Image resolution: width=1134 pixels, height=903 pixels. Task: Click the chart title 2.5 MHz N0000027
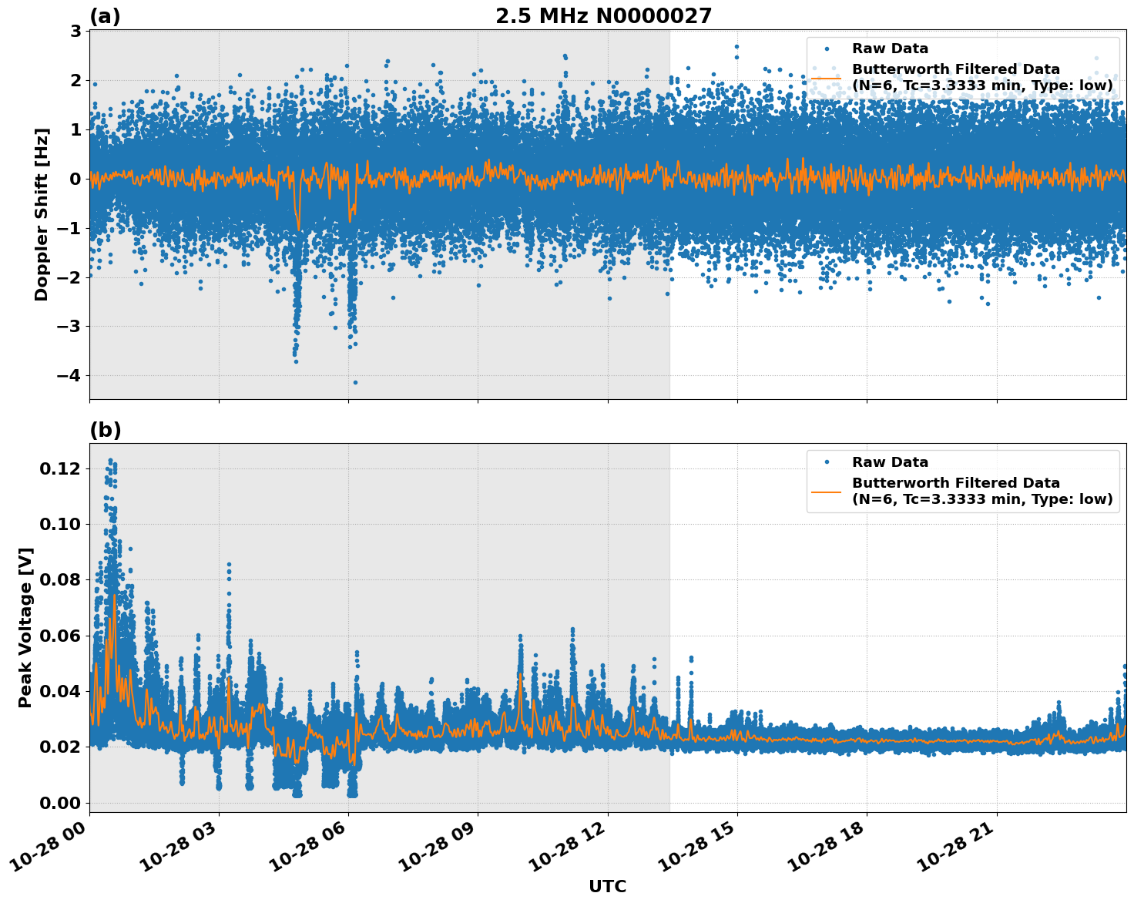point(603,15)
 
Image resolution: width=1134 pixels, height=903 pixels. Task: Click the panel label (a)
point(105,16)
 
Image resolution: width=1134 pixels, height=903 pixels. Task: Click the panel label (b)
point(106,430)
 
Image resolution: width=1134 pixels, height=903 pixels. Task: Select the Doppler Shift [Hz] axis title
point(42,214)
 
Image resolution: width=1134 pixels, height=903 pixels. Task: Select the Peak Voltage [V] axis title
point(25,627)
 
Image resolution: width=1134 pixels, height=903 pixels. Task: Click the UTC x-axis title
point(607,886)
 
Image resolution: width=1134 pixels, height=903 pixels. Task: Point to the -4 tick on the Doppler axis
point(71,376)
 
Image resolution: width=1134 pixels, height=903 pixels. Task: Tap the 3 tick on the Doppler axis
point(75,31)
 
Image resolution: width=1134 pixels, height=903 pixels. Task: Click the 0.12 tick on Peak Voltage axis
point(61,468)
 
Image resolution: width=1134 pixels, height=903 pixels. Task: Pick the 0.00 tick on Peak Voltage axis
point(61,803)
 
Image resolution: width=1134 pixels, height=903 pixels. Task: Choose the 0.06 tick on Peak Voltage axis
point(61,636)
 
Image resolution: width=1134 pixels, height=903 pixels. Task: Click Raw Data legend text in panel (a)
point(890,49)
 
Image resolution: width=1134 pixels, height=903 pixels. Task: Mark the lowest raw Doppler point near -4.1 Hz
point(355,382)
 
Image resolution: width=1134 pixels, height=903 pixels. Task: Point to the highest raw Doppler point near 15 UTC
point(736,46)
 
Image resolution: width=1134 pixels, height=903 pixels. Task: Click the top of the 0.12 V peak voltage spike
point(110,461)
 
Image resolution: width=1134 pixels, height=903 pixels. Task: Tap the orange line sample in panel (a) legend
point(827,77)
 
